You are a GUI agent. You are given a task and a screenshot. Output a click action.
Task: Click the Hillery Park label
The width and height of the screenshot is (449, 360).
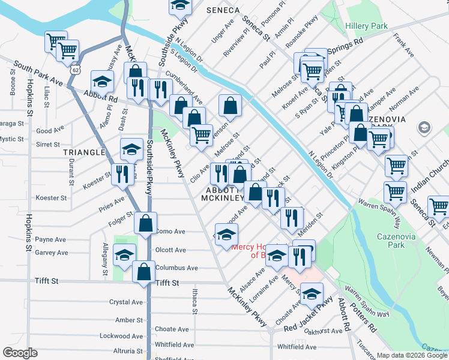coord(366,26)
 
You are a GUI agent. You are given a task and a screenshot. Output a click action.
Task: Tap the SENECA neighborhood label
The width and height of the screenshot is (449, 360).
coord(223,11)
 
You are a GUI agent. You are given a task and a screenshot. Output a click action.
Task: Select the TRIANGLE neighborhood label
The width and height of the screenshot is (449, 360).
coord(84,152)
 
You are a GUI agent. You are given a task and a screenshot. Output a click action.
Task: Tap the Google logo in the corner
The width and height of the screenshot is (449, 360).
coord(20,353)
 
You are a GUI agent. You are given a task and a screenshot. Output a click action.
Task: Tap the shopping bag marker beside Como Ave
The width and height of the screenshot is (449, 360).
coord(145,223)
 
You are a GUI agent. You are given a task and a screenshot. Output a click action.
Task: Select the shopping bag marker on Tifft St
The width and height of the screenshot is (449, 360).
coord(145,272)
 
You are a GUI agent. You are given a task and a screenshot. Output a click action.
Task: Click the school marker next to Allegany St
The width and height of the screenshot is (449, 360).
coord(124,256)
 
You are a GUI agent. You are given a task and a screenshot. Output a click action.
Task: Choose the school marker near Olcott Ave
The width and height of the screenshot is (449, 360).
coord(226,234)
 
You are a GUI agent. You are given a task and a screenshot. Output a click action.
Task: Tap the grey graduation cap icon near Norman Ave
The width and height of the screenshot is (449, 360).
coord(424,128)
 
